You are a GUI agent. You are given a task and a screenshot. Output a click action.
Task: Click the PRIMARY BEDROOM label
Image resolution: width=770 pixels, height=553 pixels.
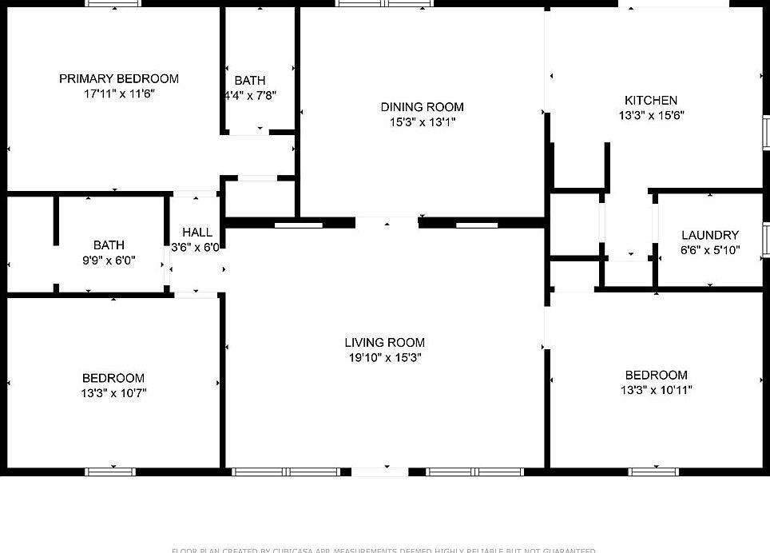point(118,78)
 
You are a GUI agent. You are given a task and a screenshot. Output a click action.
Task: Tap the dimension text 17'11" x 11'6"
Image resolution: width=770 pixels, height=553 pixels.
point(118,93)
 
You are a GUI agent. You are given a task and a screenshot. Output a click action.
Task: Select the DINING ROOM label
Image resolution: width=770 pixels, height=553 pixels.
point(422,107)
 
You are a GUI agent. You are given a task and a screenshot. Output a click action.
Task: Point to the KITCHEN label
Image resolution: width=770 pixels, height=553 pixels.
point(650,100)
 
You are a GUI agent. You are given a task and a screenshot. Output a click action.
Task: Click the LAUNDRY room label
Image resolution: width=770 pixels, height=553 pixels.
point(709,235)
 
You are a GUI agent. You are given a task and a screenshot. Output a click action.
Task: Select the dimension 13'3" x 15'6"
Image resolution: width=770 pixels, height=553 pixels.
point(650,115)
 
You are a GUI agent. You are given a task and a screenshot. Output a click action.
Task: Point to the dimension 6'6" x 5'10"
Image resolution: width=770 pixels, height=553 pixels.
point(709,250)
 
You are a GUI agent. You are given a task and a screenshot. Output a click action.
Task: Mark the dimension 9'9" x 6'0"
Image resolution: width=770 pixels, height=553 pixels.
point(109,260)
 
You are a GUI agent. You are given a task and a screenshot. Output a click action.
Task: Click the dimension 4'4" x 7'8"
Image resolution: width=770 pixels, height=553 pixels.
point(250,95)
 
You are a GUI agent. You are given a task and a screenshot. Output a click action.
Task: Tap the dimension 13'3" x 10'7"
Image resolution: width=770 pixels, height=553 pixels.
point(113,393)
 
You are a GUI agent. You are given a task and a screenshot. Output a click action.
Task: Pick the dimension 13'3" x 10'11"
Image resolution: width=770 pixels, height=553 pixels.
point(656,390)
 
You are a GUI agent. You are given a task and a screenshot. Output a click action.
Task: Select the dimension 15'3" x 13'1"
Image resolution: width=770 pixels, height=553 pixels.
point(422,122)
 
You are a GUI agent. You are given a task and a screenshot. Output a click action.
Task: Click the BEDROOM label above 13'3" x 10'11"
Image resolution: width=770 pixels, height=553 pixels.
point(656,375)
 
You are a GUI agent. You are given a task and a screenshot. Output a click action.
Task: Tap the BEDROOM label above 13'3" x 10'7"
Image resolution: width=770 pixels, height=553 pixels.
point(113,378)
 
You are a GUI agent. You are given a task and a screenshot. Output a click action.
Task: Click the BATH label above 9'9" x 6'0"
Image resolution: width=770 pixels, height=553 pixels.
point(109,245)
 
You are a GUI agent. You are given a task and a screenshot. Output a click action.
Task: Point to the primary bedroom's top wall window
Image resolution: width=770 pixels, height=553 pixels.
point(113,4)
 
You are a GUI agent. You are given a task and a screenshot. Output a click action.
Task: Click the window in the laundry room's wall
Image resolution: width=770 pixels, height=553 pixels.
point(766,237)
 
